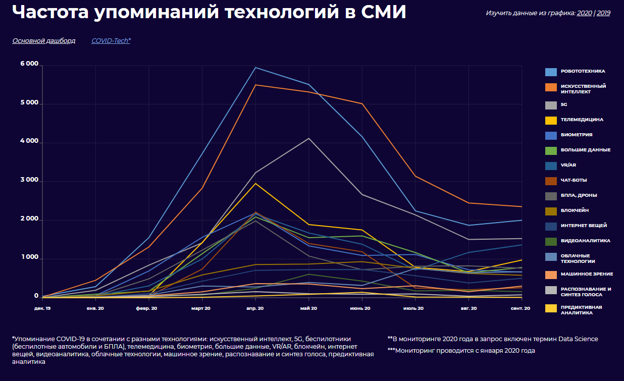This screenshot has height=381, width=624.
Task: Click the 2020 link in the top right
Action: tap(584, 13)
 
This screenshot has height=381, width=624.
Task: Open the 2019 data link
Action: tap(603, 13)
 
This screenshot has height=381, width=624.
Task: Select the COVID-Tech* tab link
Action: tap(111, 40)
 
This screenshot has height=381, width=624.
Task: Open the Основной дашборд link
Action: tap(43, 40)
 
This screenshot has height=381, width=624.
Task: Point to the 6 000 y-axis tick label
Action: tap(29, 64)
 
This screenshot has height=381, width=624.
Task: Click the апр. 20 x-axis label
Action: tap(255, 307)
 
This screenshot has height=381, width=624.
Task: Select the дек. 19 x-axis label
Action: tap(42, 307)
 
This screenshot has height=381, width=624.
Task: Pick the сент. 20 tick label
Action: tap(520, 307)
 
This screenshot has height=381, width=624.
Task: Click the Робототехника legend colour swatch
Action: tap(551, 72)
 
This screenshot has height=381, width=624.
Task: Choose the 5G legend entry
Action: tap(564, 104)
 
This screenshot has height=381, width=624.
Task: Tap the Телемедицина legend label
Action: tap(582, 120)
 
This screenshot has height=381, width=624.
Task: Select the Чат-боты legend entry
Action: tap(574, 180)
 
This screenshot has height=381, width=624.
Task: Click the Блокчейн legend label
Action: tap(575, 210)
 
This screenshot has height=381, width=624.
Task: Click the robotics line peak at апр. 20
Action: tap(255, 68)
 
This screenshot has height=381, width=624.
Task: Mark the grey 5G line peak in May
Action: tap(308, 138)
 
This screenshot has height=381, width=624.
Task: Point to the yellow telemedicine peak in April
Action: tap(255, 183)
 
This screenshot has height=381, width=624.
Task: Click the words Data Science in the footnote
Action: tap(581, 339)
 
